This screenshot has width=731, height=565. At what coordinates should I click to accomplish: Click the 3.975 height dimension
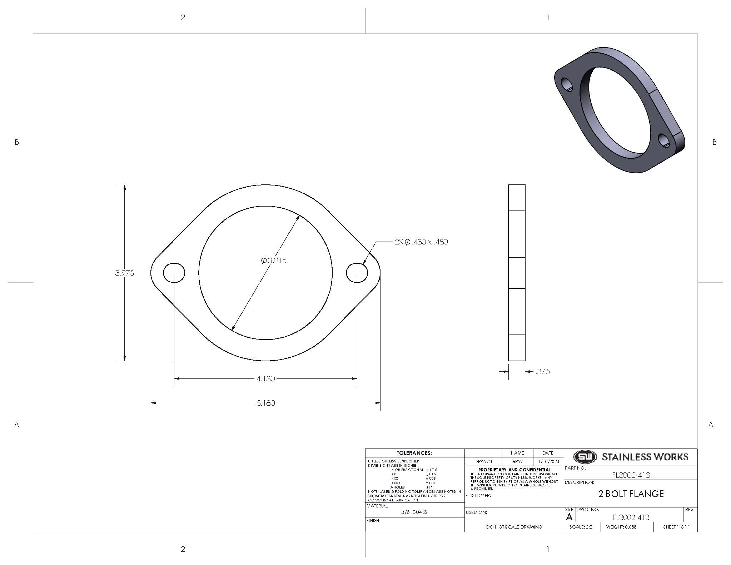pyautogui.click(x=124, y=273)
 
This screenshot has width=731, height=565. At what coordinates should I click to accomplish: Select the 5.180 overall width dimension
pyautogui.click(x=265, y=403)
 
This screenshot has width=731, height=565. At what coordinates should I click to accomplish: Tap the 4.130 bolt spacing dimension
pyautogui.click(x=265, y=379)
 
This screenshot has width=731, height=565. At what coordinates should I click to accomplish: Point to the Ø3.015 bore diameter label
pyautogui.click(x=274, y=261)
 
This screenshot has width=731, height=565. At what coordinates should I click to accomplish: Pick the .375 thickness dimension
pyautogui.click(x=542, y=372)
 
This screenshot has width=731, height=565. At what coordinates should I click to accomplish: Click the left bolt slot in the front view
pyautogui.click(x=174, y=273)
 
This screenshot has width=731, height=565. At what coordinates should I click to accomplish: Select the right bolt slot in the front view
pyautogui.click(x=357, y=273)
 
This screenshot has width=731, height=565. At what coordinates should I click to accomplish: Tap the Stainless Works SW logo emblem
pyautogui.click(x=585, y=457)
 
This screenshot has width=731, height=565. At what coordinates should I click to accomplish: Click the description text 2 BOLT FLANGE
pyautogui.click(x=631, y=494)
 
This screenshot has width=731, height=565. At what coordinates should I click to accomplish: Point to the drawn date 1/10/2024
pyautogui.click(x=548, y=462)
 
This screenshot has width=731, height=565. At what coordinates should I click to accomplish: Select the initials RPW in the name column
pyautogui.click(x=517, y=462)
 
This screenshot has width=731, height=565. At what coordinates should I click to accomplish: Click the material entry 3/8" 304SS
pyautogui.click(x=414, y=512)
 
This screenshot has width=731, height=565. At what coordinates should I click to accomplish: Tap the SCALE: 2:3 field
pyautogui.click(x=581, y=527)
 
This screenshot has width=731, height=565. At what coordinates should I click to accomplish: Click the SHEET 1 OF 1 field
pyautogui.click(x=676, y=527)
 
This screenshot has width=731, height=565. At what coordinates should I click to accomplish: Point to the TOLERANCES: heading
pyautogui.click(x=414, y=453)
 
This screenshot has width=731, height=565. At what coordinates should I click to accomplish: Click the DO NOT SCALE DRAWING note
pyautogui.click(x=514, y=527)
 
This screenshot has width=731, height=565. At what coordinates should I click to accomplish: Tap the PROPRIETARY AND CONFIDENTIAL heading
pyautogui.click(x=514, y=470)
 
